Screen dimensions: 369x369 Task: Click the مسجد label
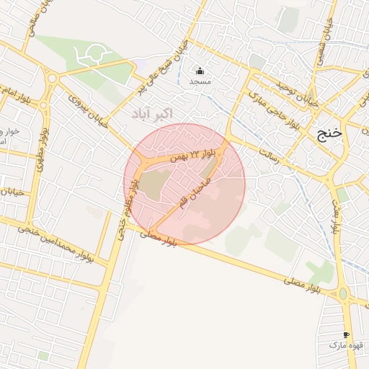click(x=199, y=82)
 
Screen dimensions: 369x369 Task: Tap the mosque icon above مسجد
click(x=200, y=71)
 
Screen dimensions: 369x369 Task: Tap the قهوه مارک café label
click(x=347, y=346)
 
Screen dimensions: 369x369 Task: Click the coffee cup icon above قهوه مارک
click(x=347, y=335)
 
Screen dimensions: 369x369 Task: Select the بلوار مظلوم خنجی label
click(x=127, y=208)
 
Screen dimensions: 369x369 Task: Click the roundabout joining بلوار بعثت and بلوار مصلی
click(x=343, y=293)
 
